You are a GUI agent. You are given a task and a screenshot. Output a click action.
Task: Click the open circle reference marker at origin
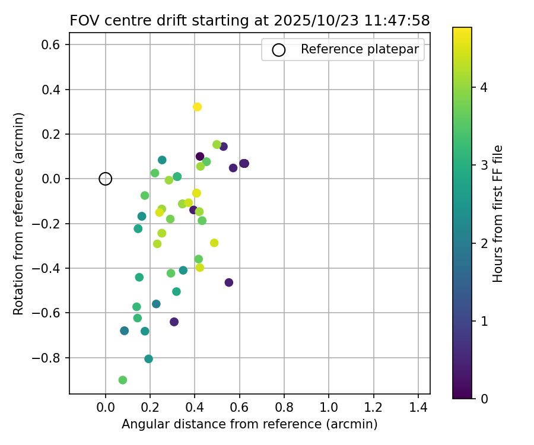click(106, 179)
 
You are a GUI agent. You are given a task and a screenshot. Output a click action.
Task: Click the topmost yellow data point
click(198, 107)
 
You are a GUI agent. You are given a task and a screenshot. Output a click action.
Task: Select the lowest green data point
click(123, 380)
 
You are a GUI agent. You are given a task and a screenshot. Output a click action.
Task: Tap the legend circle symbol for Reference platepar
click(278, 50)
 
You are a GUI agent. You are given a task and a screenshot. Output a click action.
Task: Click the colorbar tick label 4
click(484, 88)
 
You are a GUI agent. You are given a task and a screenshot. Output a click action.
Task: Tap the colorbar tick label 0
click(484, 398)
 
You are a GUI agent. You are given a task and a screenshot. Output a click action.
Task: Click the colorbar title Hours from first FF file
click(498, 214)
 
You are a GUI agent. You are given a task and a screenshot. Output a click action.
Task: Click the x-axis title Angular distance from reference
click(249, 424)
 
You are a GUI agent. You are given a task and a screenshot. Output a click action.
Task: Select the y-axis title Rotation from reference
click(18, 214)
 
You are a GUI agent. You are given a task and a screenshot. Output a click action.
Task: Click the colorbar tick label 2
click(484, 243)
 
